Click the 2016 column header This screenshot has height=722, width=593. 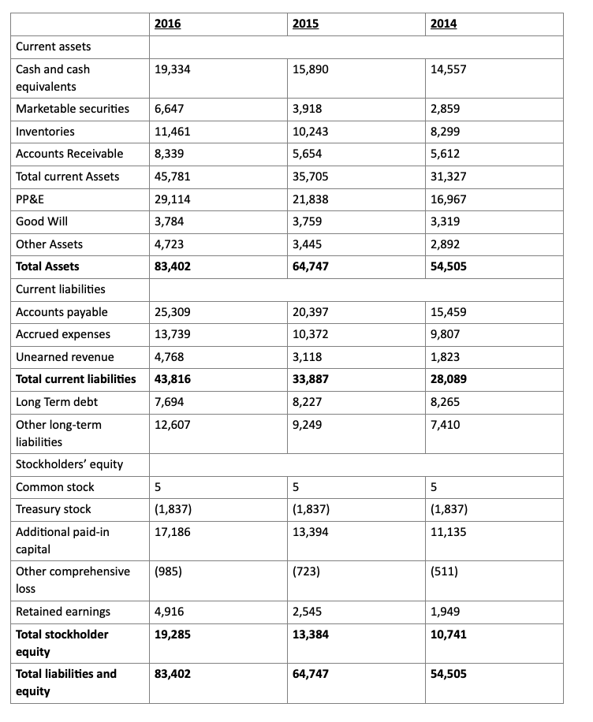click(167, 24)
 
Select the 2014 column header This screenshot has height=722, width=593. click(443, 24)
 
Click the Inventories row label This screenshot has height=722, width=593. click(46, 132)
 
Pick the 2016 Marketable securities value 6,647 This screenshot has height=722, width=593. click(170, 109)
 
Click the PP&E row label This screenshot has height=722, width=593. click(31, 199)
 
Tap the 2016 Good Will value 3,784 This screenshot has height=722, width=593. click(170, 221)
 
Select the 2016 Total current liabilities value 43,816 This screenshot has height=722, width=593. click(173, 379)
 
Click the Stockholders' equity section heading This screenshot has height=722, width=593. click(69, 464)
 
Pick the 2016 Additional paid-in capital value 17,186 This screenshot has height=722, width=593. click(173, 532)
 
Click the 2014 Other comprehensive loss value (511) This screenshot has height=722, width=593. click(445, 571)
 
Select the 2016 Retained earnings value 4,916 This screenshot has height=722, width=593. click(170, 612)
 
